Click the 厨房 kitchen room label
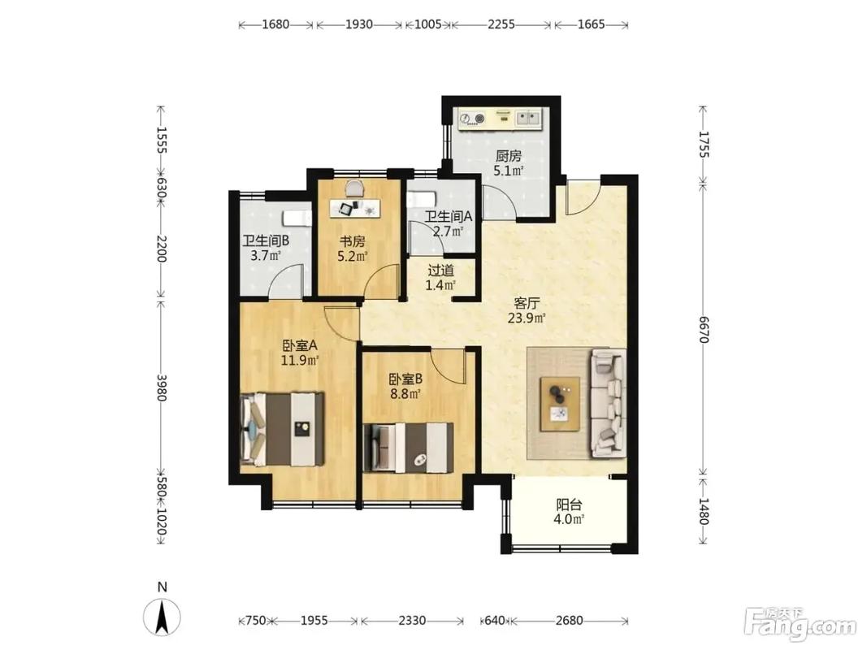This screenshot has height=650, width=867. click(x=508, y=157)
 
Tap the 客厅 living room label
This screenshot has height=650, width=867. click(x=527, y=303)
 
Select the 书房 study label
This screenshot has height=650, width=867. click(x=352, y=241)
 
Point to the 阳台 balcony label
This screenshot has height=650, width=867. click(x=569, y=505)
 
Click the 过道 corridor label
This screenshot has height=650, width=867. click(x=440, y=271)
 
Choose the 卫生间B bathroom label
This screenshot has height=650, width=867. click(x=266, y=241)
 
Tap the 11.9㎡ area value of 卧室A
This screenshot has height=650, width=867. click(x=300, y=361)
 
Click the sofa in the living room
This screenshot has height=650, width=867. click(x=609, y=403)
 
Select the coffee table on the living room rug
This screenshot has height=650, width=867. click(x=561, y=404)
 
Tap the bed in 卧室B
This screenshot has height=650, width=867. click(x=408, y=447)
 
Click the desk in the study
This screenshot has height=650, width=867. click(x=355, y=208)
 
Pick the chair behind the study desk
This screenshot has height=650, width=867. click(x=355, y=189)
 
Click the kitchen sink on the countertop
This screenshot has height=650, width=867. click(x=528, y=118)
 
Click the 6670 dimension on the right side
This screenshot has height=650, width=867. click(x=704, y=330)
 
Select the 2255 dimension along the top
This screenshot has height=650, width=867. click(x=501, y=24)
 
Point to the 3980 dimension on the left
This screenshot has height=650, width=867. click(x=161, y=388)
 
